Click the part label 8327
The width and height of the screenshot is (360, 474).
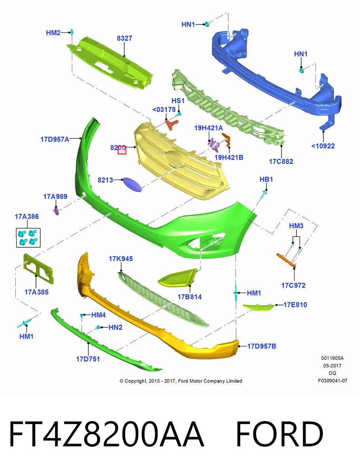[124, 38]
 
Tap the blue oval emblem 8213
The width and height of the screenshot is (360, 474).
[132, 184]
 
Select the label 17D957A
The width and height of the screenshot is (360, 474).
[55, 139]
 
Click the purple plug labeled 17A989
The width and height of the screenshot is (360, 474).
[56, 211]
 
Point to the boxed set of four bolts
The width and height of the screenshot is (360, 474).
[28, 237]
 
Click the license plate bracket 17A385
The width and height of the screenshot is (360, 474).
[38, 269]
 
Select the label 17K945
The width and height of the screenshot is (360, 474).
[120, 258]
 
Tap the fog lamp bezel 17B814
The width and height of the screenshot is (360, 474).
[178, 278]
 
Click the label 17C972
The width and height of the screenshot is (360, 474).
[293, 285]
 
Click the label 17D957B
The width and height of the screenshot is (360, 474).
[261, 346]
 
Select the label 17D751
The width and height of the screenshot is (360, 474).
[88, 359]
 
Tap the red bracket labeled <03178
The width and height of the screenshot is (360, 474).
[172, 124]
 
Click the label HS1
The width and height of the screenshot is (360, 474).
[178, 101]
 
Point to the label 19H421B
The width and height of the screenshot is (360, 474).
[229, 158]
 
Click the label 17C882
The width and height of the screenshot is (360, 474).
[281, 161]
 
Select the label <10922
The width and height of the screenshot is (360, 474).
[323, 146]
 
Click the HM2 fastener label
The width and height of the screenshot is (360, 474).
[53, 33]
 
